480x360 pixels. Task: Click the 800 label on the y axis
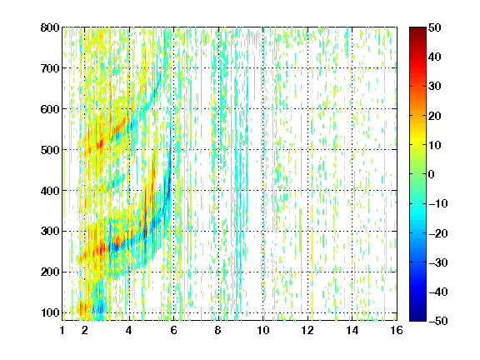point(50,27)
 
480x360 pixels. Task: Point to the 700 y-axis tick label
point(50,68)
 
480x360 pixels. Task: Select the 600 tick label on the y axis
point(50,109)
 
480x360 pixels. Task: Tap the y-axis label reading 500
point(50,150)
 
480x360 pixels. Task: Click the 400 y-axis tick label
point(50,191)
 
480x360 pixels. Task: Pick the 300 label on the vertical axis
point(50,231)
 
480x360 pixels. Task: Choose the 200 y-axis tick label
point(50,272)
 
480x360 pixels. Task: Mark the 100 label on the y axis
point(50,312)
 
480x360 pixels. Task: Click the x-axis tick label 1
point(62,330)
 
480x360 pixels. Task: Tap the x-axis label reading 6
point(174,330)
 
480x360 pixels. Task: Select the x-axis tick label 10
point(263,330)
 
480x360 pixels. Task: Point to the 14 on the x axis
point(352,330)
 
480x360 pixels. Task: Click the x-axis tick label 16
point(397,330)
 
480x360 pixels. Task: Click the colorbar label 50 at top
point(435,27)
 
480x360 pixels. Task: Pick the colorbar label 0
point(432,174)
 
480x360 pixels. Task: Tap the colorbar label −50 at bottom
point(438,321)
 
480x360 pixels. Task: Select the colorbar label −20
point(438,233)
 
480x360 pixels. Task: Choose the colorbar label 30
point(435,87)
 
